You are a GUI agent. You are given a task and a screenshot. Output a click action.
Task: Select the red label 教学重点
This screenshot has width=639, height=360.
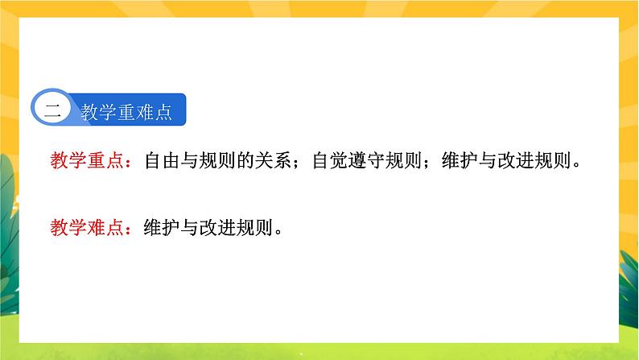(x=86, y=161)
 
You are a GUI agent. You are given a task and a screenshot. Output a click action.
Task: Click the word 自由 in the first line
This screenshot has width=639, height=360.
(x=162, y=161)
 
